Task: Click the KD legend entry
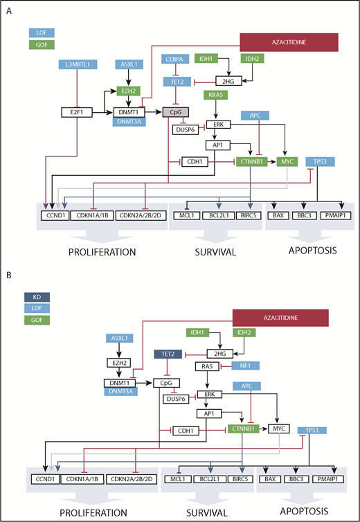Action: coord(42,297)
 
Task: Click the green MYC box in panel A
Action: coord(285,161)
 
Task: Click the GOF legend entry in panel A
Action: coord(42,44)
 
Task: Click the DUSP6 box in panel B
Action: coord(177,399)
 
